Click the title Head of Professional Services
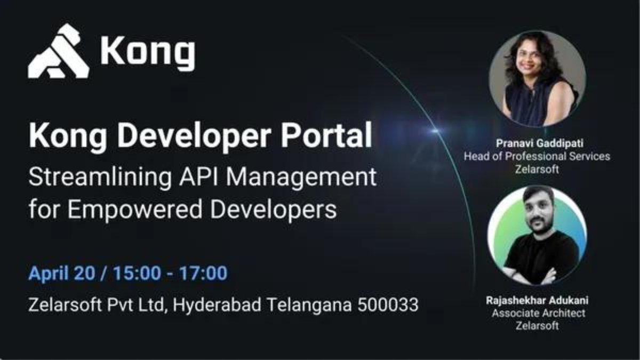537,157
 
